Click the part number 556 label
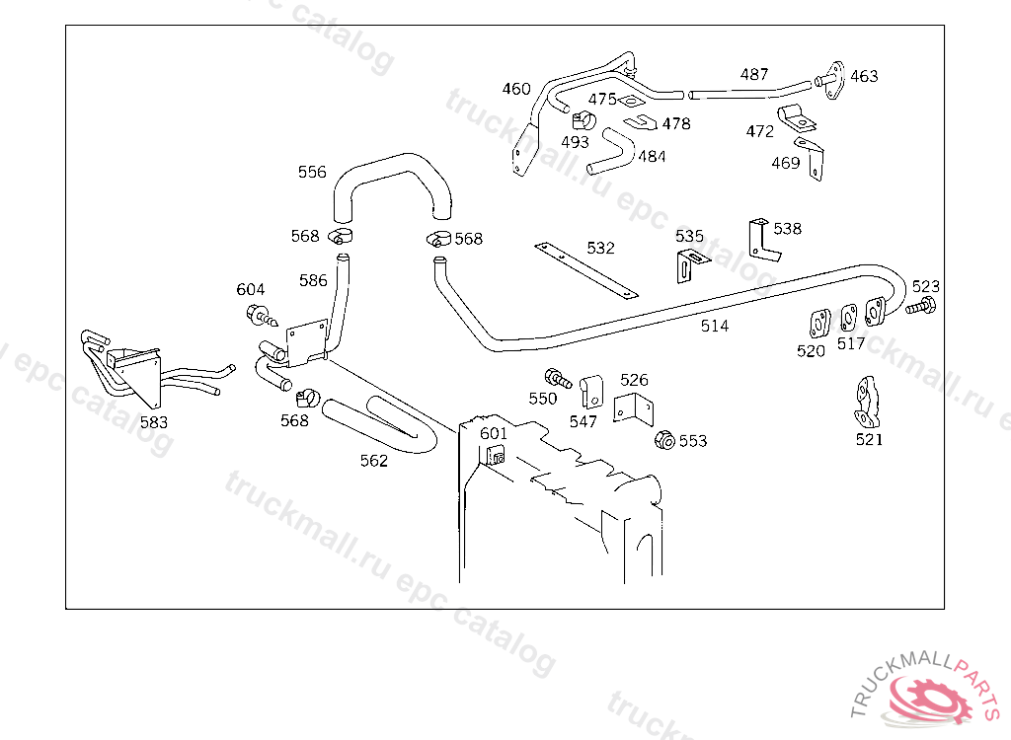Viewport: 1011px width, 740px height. (x=312, y=172)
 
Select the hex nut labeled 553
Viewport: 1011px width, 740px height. (x=664, y=440)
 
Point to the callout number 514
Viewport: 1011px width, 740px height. (x=715, y=327)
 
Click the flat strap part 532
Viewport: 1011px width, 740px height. (x=586, y=270)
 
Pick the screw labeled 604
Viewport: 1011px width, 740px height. (x=262, y=316)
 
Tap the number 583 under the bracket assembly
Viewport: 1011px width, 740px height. (x=154, y=422)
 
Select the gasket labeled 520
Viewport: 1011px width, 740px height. (x=819, y=324)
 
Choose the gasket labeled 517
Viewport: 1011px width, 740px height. (x=849, y=318)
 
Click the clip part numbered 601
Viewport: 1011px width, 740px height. (x=496, y=455)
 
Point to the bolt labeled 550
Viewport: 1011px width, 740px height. (x=558, y=378)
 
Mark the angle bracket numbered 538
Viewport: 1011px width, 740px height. (x=764, y=240)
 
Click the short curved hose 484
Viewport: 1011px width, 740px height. (x=611, y=152)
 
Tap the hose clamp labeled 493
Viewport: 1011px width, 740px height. (x=583, y=120)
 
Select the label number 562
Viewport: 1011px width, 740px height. (x=374, y=461)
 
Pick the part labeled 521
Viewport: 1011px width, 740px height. (x=867, y=403)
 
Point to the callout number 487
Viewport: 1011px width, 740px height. (x=754, y=75)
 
